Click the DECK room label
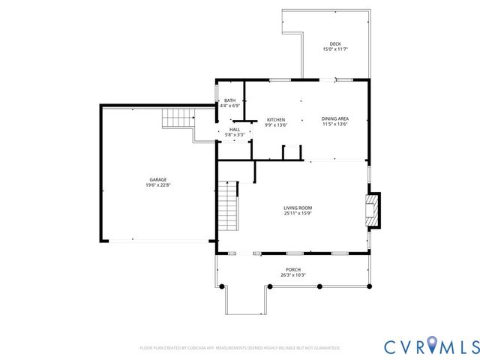pyautogui.click(x=334, y=43)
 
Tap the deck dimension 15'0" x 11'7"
pyautogui.click(x=334, y=49)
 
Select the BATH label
pyautogui.click(x=229, y=100)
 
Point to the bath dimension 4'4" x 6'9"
pyautogui.click(x=229, y=106)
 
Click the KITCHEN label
pyautogui.click(x=276, y=120)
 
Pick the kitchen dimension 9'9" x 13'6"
pyautogui.click(x=276, y=126)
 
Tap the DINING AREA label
pyautogui.click(x=334, y=118)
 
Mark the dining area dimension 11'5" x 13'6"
pyautogui.click(x=334, y=124)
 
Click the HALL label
pyautogui.click(x=235, y=129)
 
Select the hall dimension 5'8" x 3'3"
pyautogui.click(x=235, y=135)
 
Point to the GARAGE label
pyautogui.click(x=157, y=179)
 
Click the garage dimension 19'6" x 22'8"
pyautogui.click(x=157, y=185)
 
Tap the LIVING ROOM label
pyautogui.click(x=298, y=208)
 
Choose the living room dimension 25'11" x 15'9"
pyautogui.click(x=298, y=214)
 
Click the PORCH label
pyautogui.click(x=292, y=269)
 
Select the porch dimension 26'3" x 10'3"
pyautogui.click(x=292, y=275)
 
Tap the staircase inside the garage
pyautogui.click(x=177, y=118)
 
